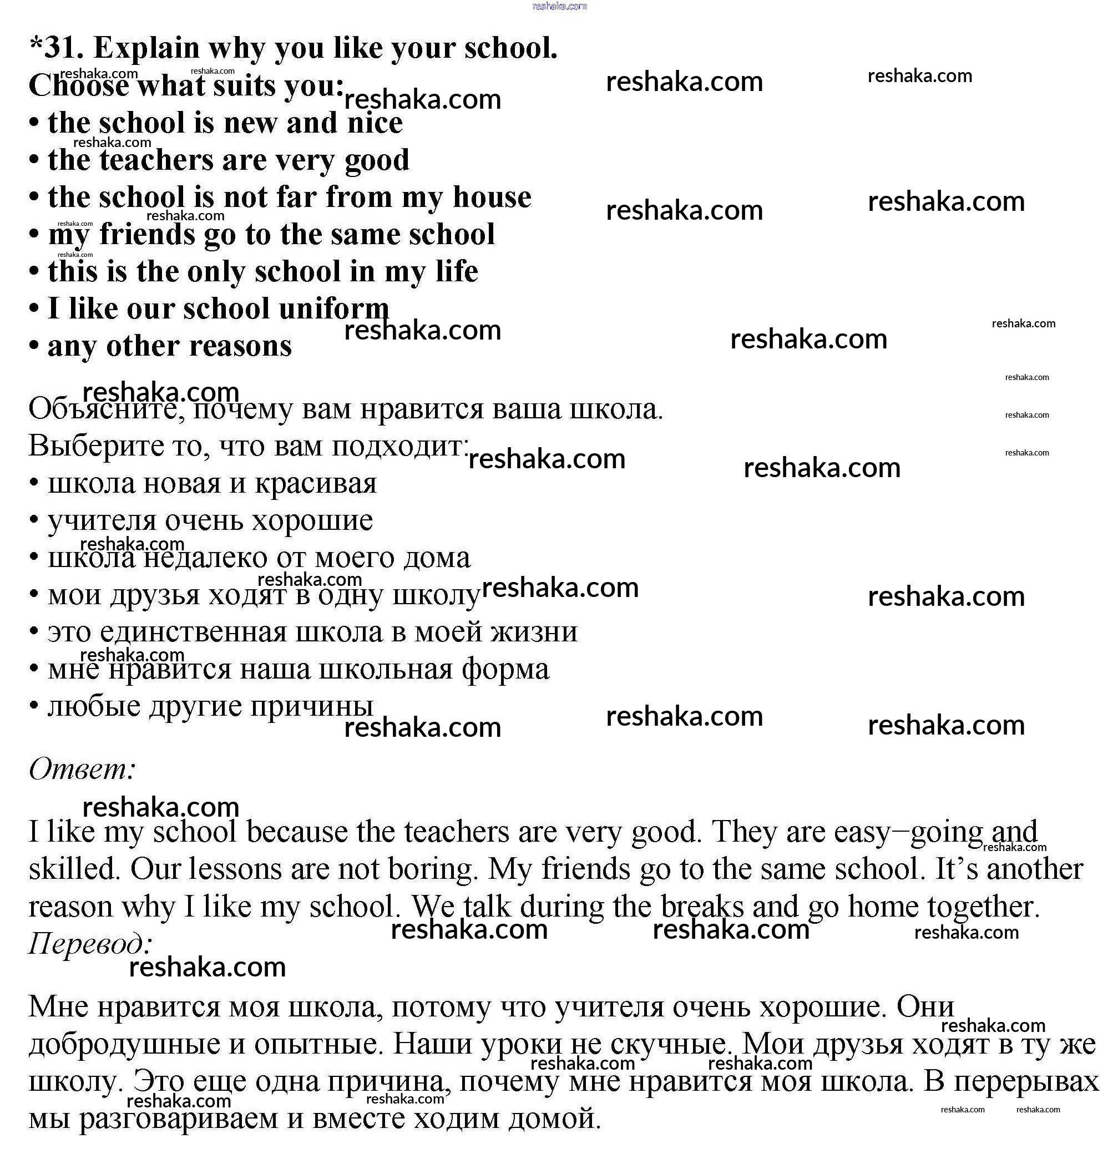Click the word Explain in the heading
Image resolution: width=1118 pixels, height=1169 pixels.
(146, 48)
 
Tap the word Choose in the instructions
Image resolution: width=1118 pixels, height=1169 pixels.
(78, 86)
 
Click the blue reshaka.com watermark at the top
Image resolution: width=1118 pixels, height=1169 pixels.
(560, 6)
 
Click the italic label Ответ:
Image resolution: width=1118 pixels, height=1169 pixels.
(82, 768)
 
